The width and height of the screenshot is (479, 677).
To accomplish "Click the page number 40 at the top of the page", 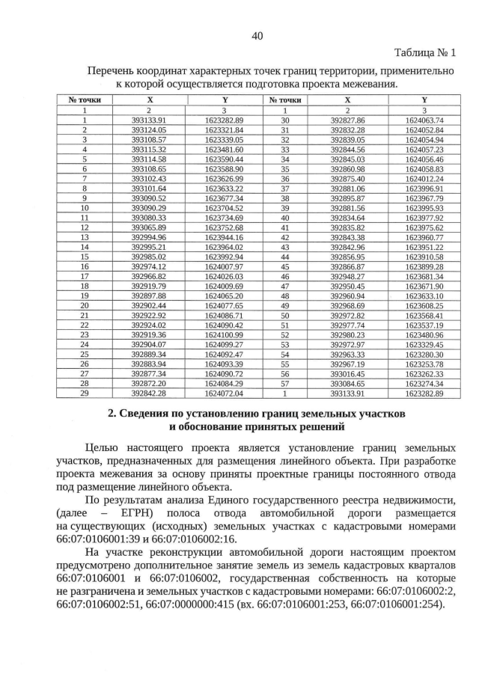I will (x=257, y=36).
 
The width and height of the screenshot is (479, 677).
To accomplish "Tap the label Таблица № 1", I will (x=424, y=53).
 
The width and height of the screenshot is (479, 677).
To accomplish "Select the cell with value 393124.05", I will (x=148, y=129).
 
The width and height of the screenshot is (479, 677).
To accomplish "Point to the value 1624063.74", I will (x=424, y=120).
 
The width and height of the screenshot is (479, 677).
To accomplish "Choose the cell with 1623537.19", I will (x=424, y=325).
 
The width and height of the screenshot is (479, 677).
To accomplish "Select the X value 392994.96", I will (x=148, y=236).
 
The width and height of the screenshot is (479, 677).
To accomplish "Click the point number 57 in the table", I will (x=284, y=383).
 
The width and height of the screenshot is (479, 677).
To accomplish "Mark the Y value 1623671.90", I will (x=424, y=286).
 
